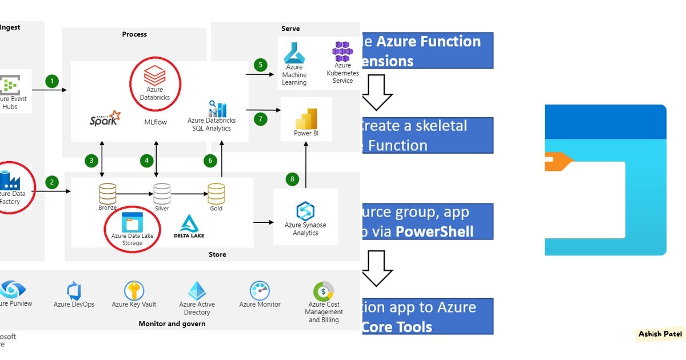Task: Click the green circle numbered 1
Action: coord(53,81)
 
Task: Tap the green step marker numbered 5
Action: coord(261,65)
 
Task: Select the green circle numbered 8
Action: coord(293,179)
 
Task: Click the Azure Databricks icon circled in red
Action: coord(154,75)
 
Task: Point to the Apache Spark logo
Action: coord(105,118)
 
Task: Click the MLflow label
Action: coord(155,122)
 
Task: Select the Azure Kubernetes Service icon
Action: coord(342,51)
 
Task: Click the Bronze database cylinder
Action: coord(107,193)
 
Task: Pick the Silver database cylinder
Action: coord(162,193)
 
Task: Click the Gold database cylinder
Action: coord(216,193)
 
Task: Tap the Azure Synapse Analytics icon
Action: coord(305,210)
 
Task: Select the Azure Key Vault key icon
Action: coord(134,290)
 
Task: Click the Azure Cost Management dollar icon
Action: coord(324,291)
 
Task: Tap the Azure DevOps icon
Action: coord(73,291)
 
